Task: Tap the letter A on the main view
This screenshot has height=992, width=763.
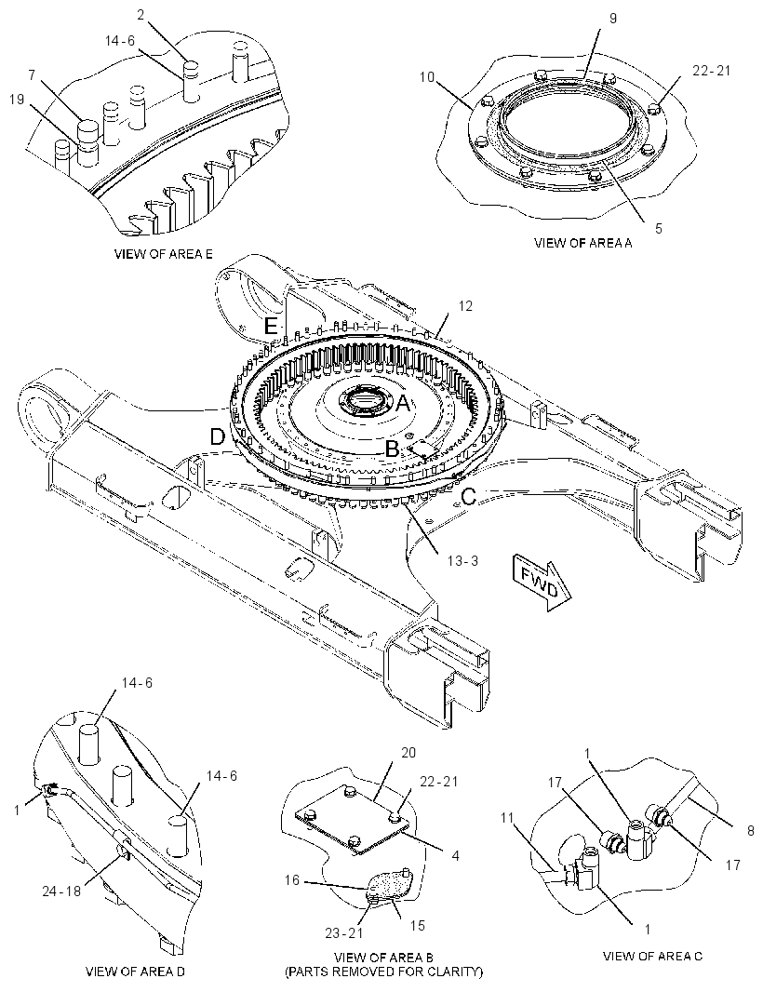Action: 403,402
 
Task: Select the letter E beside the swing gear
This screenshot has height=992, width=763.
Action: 271,327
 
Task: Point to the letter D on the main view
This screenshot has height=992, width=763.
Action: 218,437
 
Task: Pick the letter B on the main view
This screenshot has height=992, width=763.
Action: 393,449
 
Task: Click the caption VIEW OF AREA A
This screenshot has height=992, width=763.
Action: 582,243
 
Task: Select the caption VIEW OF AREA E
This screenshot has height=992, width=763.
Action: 163,254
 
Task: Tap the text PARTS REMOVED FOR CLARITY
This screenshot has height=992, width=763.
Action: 384,972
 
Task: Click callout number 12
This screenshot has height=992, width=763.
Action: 465,306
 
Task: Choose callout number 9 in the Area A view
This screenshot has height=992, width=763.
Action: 613,19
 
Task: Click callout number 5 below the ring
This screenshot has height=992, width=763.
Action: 659,228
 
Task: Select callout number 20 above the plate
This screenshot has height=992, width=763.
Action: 408,752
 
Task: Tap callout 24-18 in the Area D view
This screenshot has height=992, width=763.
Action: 62,891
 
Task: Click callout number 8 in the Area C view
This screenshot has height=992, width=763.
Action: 751,831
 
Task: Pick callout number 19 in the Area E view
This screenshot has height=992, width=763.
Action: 17,99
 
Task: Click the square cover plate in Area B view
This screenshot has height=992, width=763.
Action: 351,822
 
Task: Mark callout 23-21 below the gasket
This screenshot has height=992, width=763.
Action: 343,933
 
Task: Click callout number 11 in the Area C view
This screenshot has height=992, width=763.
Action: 507,817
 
